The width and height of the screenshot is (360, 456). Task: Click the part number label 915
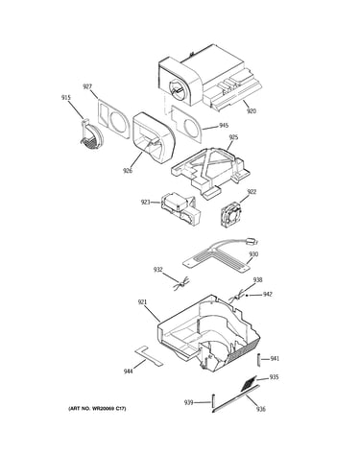[66, 98]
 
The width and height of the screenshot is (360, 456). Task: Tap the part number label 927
[87, 86]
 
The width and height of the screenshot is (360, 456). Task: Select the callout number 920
[252, 111]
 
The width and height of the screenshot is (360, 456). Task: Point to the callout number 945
[224, 126]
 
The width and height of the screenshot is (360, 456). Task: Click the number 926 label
[128, 171]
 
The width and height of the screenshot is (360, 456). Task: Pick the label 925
[233, 137]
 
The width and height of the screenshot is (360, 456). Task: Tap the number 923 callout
[145, 202]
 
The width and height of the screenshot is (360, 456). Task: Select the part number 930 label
[253, 254]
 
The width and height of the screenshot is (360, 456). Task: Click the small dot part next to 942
[247, 296]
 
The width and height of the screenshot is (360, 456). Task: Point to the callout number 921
[142, 301]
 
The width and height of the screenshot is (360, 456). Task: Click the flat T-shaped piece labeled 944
[149, 356]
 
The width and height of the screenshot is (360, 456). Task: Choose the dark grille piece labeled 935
[250, 383]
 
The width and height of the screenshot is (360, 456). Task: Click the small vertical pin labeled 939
[213, 401]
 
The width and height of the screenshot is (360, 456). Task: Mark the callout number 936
[261, 409]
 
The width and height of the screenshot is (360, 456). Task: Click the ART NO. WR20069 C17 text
[97, 409]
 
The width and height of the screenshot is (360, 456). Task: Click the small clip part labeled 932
[181, 284]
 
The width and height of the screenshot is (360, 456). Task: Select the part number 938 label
[257, 279]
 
